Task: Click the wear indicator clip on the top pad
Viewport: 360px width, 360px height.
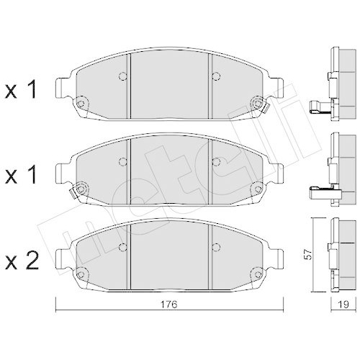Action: pyautogui.click(x=264, y=109)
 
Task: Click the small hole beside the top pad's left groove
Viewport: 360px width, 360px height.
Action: pyautogui.click(x=122, y=76)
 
